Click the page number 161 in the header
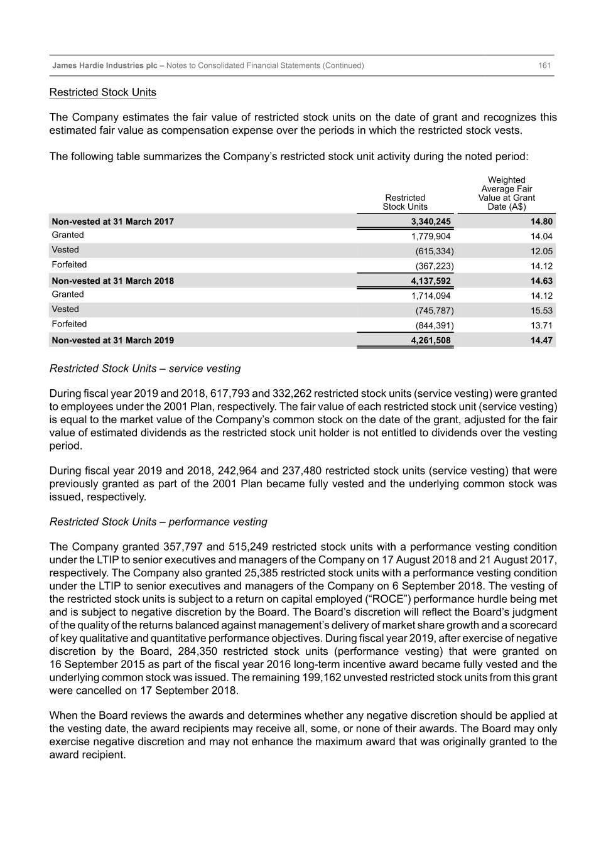click(x=544, y=65)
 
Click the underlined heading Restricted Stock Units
click(x=103, y=92)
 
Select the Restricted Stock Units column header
click(x=405, y=202)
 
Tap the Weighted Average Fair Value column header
click(x=506, y=193)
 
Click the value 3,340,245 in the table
click(x=430, y=222)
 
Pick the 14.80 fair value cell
click(x=541, y=222)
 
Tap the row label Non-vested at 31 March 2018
click(x=113, y=281)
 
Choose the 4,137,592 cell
click(x=430, y=281)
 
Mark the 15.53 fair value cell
click(x=541, y=311)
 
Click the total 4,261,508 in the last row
click(x=430, y=340)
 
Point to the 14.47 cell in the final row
click(x=541, y=340)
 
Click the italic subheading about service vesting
click(x=145, y=369)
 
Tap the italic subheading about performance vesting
click(x=158, y=522)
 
